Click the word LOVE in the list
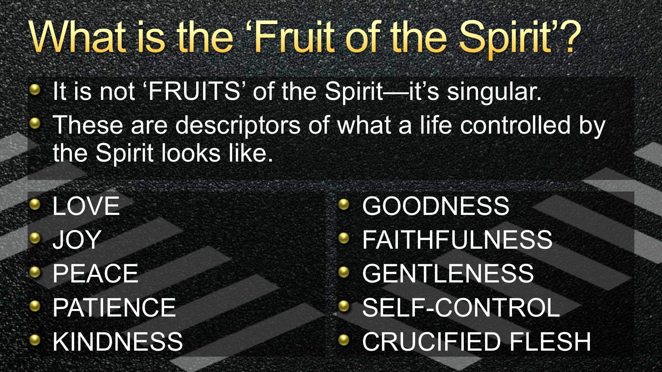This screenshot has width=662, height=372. coord(86,206)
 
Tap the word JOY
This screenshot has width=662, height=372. coord(77,240)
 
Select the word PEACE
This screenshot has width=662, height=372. coord(96,273)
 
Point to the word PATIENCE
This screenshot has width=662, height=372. coord(114,307)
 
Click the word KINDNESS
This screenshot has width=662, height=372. coord(118,341)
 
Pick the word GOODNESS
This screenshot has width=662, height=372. coord(436,206)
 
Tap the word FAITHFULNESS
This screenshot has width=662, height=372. coord(458,240)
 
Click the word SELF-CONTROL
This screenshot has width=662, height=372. coord(461,307)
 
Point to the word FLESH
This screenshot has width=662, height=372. coord(550,341)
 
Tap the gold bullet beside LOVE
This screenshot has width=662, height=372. coord(35,205)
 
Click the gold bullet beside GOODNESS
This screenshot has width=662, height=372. coord(344,205)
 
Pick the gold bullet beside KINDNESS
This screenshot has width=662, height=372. coord(35,340)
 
